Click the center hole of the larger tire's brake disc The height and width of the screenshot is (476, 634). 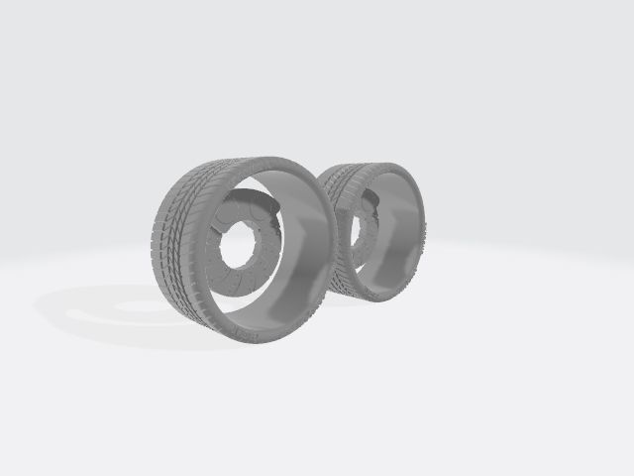pyautogui.click(x=239, y=248)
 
